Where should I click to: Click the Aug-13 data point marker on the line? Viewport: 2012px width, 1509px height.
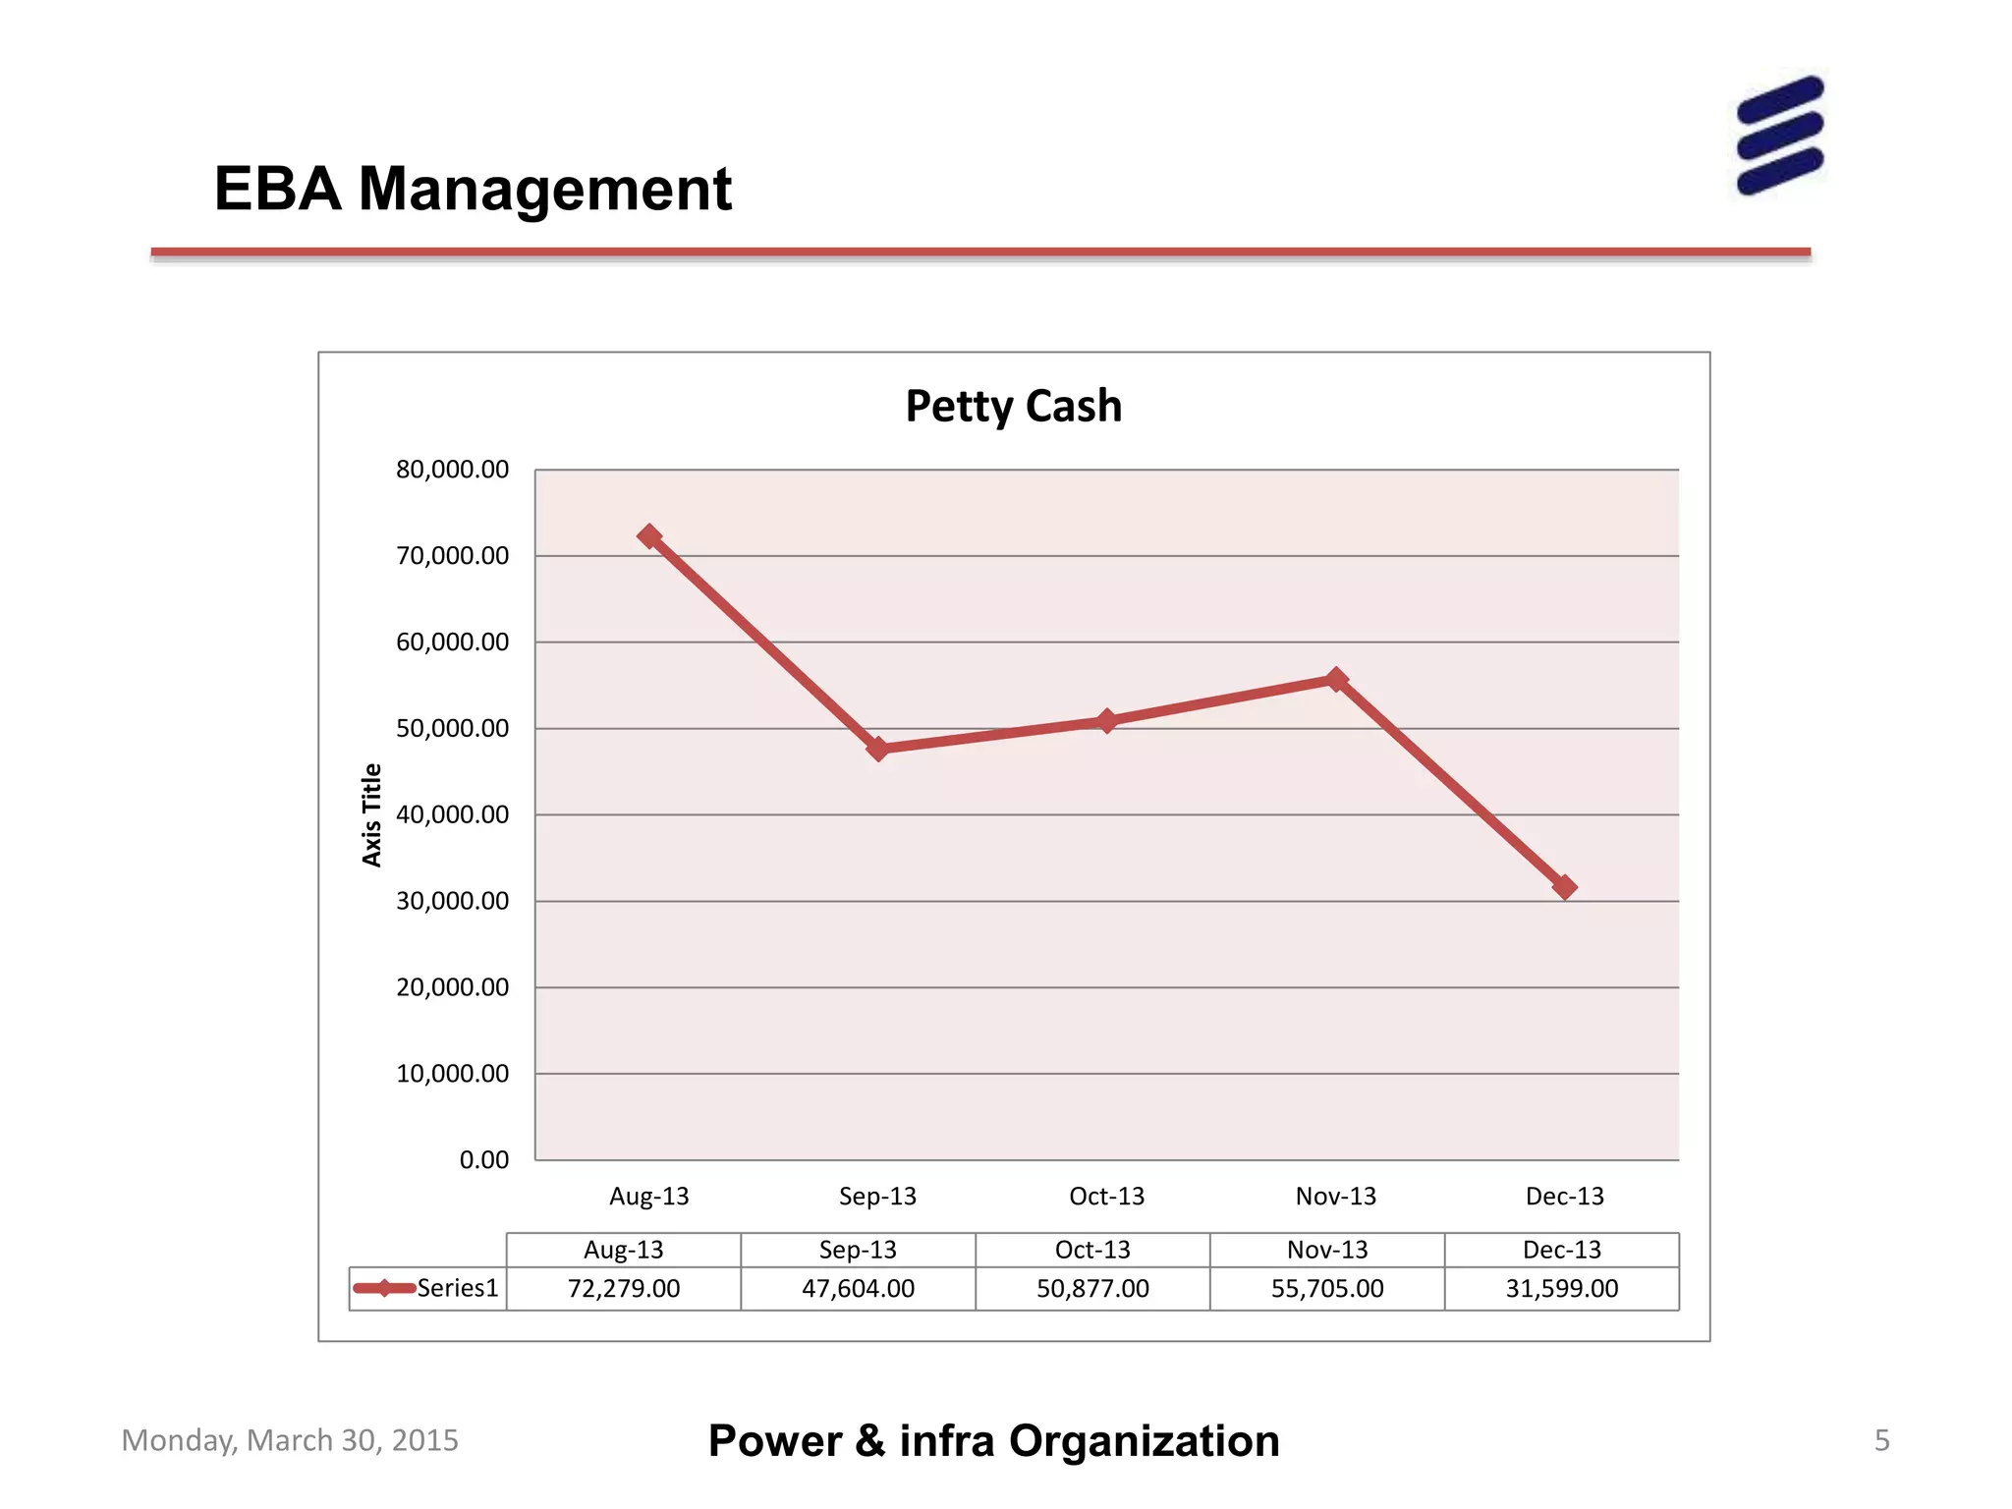648,536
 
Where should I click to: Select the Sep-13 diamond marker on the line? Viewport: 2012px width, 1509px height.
878,749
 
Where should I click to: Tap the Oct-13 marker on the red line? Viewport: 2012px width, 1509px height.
1107,721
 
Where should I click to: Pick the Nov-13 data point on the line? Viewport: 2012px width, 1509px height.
1336,679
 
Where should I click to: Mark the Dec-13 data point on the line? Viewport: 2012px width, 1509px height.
1565,887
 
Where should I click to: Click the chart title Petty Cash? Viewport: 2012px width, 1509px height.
1013,406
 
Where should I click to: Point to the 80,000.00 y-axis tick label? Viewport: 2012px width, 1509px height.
452,470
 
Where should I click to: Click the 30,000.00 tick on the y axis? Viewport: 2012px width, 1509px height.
452,901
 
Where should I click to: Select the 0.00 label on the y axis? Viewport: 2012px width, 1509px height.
483,1160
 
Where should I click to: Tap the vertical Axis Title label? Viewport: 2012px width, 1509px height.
371,814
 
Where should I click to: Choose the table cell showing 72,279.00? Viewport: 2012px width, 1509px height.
623,1288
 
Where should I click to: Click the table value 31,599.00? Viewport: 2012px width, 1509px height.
1561,1288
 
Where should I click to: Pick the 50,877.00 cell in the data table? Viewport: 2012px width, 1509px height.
1092,1288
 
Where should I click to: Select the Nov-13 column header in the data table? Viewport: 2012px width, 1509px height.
1327,1250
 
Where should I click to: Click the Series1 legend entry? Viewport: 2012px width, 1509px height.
427,1288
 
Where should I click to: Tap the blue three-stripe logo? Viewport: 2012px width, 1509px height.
1779,136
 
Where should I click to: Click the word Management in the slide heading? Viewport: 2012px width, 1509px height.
545,189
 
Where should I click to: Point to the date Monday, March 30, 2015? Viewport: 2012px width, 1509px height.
290,1440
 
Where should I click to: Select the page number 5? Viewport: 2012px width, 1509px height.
1881,1440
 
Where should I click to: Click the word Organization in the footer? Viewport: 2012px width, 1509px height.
1144,1441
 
